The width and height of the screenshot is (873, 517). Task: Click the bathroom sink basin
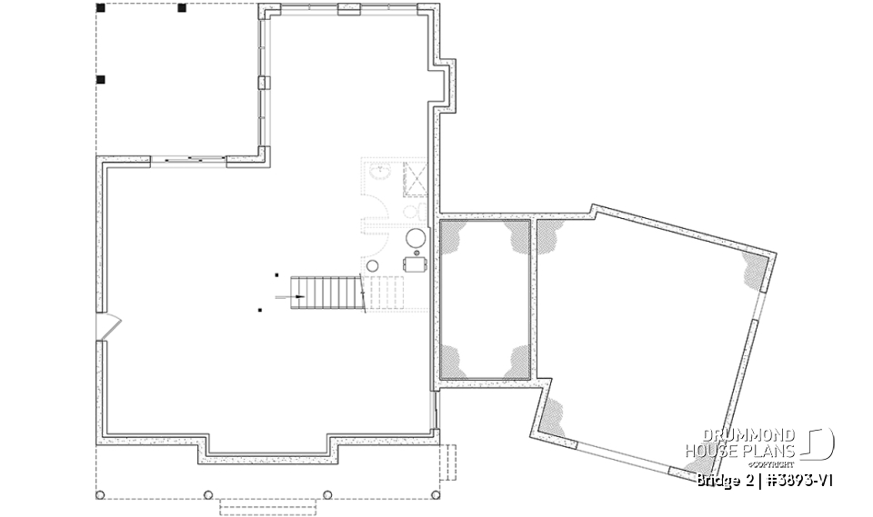379,170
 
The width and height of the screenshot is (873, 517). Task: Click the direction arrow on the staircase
297,295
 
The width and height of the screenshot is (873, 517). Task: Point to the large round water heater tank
416,238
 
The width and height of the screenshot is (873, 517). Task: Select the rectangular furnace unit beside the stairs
416,263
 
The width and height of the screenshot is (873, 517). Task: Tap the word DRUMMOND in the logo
740,436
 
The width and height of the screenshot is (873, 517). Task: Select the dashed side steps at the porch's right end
447,462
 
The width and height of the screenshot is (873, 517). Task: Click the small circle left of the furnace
372,264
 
